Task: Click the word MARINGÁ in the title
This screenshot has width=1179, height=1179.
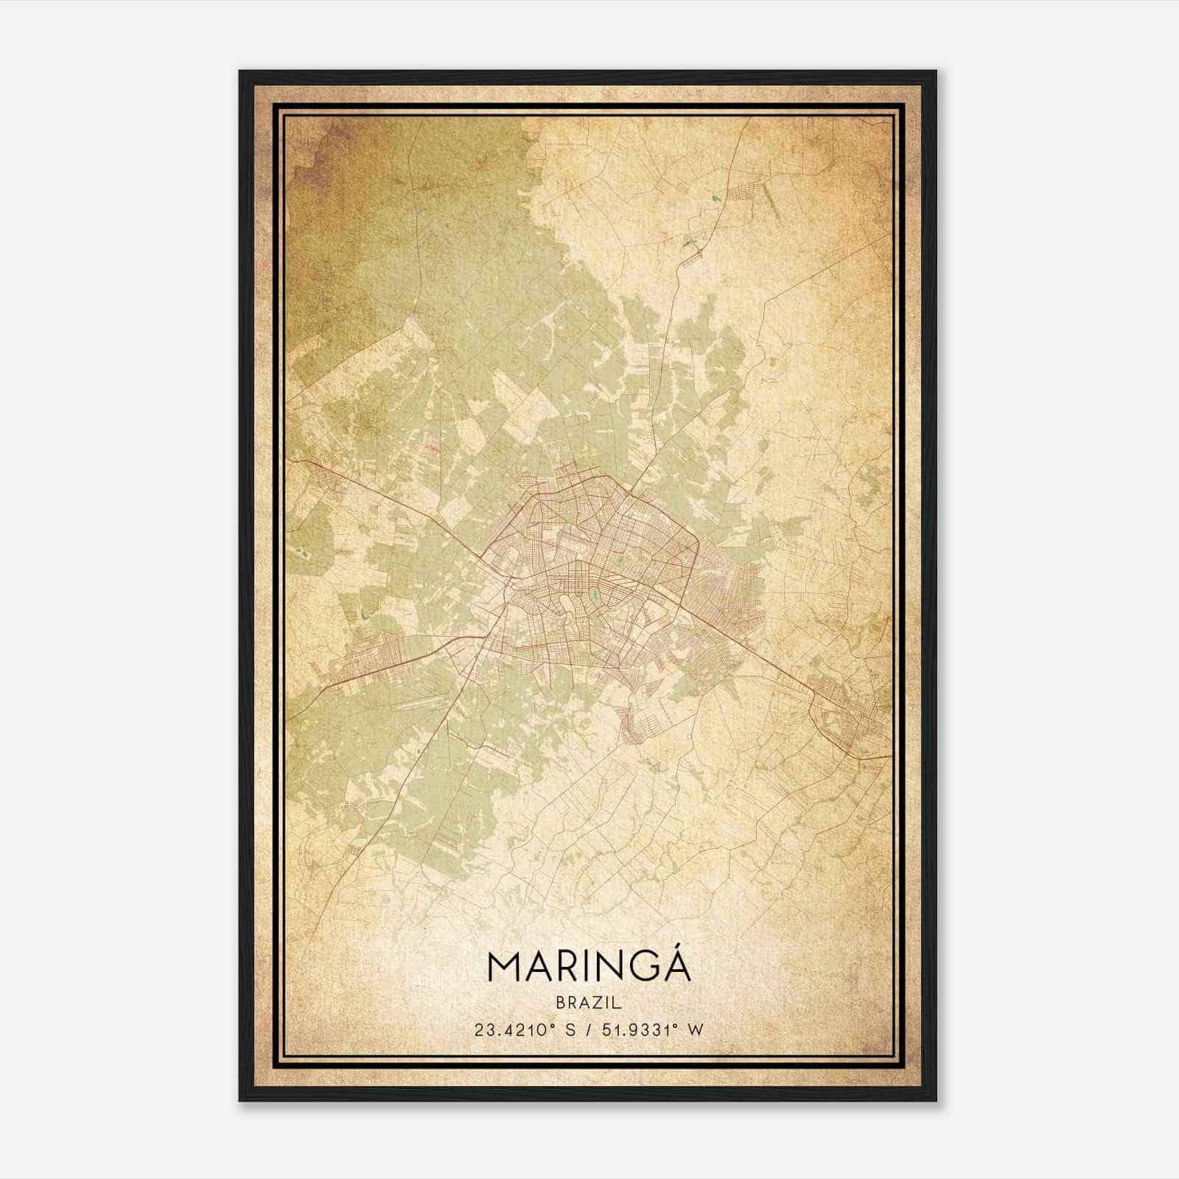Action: pyautogui.click(x=589, y=967)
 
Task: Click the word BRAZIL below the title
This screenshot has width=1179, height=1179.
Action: pyautogui.click(x=589, y=1003)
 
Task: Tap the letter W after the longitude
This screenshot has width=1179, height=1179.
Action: pyautogui.click(x=695, y=1029)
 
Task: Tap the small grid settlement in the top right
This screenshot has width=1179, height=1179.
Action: pyautogui.click(x=744, y=194)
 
